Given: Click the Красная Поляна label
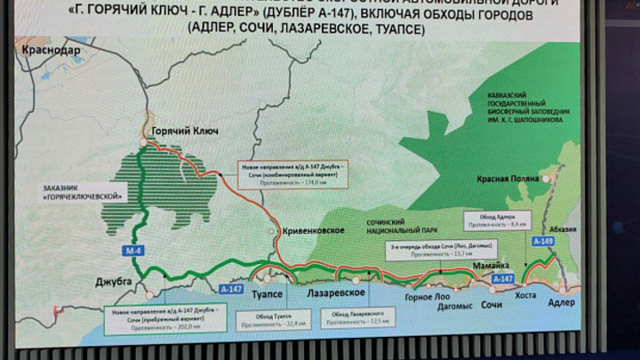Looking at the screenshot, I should click(508, 179).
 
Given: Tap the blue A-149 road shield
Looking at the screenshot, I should click(542, 241).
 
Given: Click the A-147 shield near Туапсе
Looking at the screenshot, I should click(231, 288).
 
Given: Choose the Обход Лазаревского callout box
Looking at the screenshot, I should click(357, 317).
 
